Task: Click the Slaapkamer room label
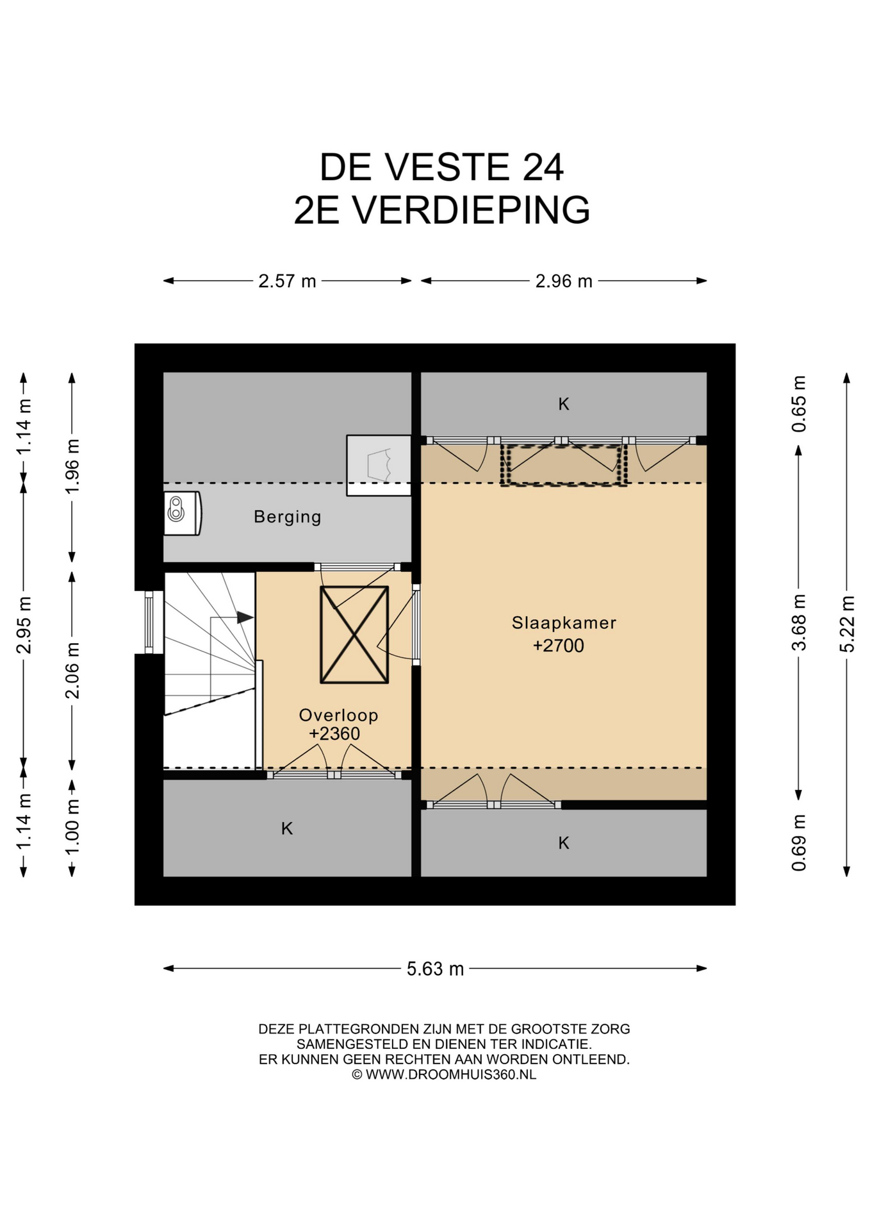pos(564,623)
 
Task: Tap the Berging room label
pos(288,517)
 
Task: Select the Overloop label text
pos(339,715)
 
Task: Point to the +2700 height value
pos(559,646)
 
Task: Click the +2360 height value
pos(334,733)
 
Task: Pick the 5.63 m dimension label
pos(435,969)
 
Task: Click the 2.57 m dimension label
pos(287,281)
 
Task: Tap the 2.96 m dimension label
pos(564,281)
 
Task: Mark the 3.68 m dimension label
pos(799,623)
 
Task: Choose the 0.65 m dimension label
pos(799,404)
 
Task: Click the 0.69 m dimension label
pos(799,843)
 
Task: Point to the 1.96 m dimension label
pos(72,467)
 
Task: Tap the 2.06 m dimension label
pos(72,670)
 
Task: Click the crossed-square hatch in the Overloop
pos(354,635)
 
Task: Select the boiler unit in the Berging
pos(183,513)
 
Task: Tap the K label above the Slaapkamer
pos(564,404)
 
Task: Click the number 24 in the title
pos(543,167)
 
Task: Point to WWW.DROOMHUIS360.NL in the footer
pos(451,1075)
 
